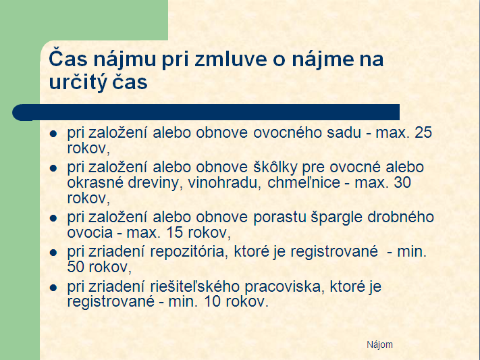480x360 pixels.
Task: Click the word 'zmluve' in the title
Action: click(230, 59)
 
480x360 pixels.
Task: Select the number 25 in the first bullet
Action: click(423, 132)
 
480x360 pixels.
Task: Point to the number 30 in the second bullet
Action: click(402, 182)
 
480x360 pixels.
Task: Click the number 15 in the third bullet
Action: click(174, 232)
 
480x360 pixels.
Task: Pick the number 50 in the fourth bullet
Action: click(76, 267)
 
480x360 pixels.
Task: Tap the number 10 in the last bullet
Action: click(212, 301)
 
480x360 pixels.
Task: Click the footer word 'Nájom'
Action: click(379, 344)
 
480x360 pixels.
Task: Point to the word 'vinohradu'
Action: click(224, 182)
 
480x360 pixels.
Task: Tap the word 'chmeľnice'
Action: click(304, 182)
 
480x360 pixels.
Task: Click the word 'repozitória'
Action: click(189, 252)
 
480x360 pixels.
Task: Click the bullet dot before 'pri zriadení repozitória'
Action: click(53, 253)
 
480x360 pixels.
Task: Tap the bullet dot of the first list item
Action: click(53, 134)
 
